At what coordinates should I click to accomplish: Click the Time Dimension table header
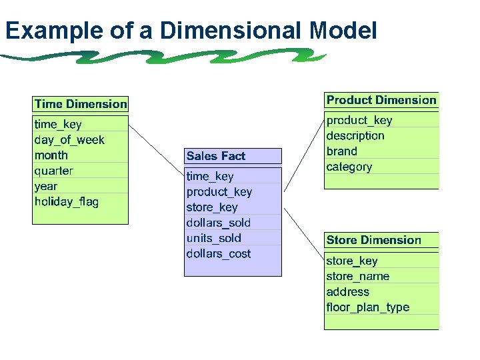80,104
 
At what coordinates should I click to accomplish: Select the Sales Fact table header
216,156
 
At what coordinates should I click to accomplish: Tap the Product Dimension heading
381,100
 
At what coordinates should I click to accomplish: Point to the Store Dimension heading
374,240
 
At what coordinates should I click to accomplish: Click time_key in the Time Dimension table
58,124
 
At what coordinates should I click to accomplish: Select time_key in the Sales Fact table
210,176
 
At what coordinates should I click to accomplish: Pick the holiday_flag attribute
67,202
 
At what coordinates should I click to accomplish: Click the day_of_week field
69,140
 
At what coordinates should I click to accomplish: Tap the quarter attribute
54,171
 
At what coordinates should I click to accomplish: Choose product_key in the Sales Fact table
219,192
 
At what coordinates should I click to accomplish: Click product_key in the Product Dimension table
359,120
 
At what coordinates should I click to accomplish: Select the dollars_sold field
219,223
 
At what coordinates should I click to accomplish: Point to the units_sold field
214,238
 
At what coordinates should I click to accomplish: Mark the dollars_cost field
219,253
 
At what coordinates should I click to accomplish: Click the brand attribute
342,151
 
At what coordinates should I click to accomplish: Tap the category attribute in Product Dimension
349,167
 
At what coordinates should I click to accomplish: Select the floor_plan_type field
368,307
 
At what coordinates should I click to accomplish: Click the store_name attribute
358,276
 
